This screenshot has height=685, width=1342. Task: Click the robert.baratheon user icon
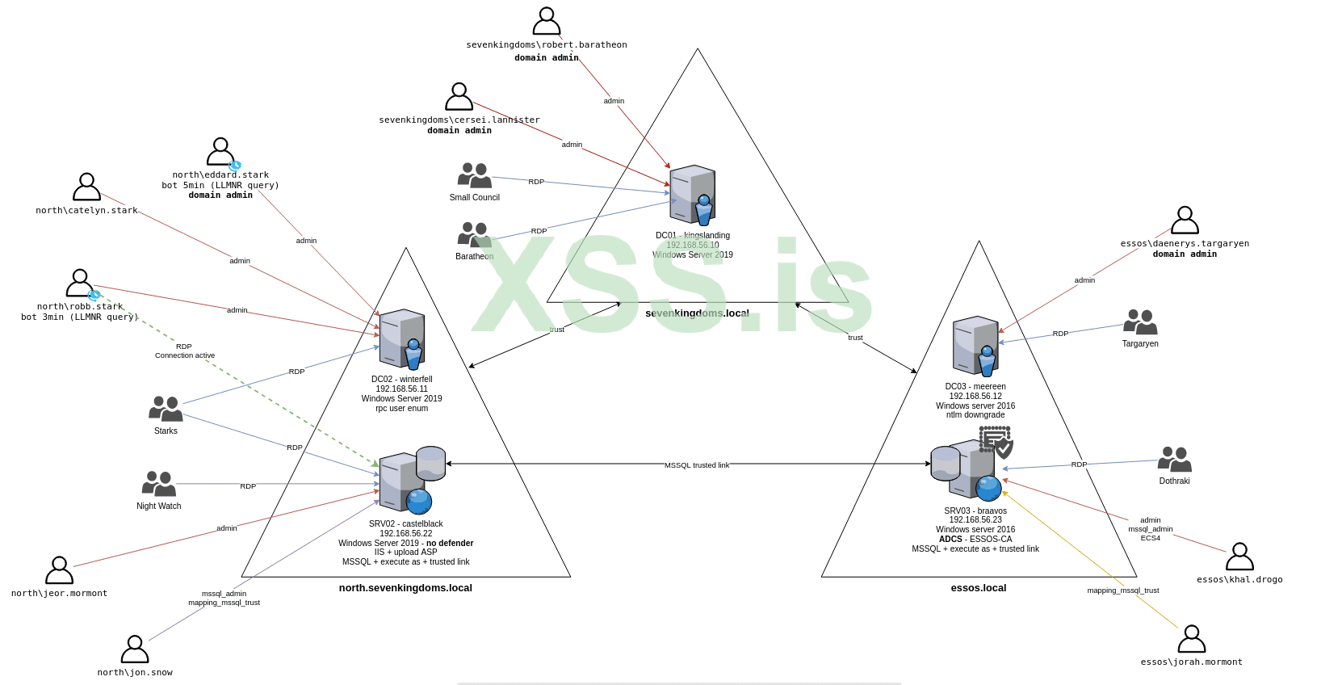pyautogui.click(x=547, y=21)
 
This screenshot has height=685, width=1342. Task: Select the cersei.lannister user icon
pyautogui.click(x=459, y=96)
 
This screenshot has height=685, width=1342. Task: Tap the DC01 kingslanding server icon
pyautogui.click(x=693, y=195)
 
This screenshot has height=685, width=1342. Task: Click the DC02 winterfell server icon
pyautogui.click(x=402, y=338)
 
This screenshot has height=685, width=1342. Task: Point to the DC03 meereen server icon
pyautogui.click(x=975, y=346)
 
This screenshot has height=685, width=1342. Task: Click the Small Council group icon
pyautogui.click(x=475, y=175)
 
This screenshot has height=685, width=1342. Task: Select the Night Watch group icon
pyautogui.click(x=159, y=484)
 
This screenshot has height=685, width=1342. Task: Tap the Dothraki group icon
pyautogui.click(x=1175, y=459)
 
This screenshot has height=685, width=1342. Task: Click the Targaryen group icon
pyautogui.click(x=1140, y=321)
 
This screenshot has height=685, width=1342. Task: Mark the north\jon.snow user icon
pyautogui.click(x=135, y=649)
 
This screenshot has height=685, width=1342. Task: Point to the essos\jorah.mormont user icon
pyautogui.click(x=1192, y=639)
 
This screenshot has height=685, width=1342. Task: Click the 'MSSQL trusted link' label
pyautogui.click(x=697, y=465)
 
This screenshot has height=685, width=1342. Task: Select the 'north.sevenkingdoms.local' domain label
pyautogui.click(x=405, y=588)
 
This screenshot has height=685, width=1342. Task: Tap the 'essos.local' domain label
pyautogui.click(x=979, y=588)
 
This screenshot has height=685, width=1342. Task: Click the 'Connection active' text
pyautogui.click(x=185, y=355)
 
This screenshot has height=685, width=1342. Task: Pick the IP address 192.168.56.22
pyautogui.click(x=406, y=533)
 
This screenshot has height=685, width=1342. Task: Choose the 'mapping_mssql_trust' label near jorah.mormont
pyautogui.click(x=1122, y=590)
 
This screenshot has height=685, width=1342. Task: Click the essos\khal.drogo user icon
pyautogui.click(x=1239, y=557)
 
